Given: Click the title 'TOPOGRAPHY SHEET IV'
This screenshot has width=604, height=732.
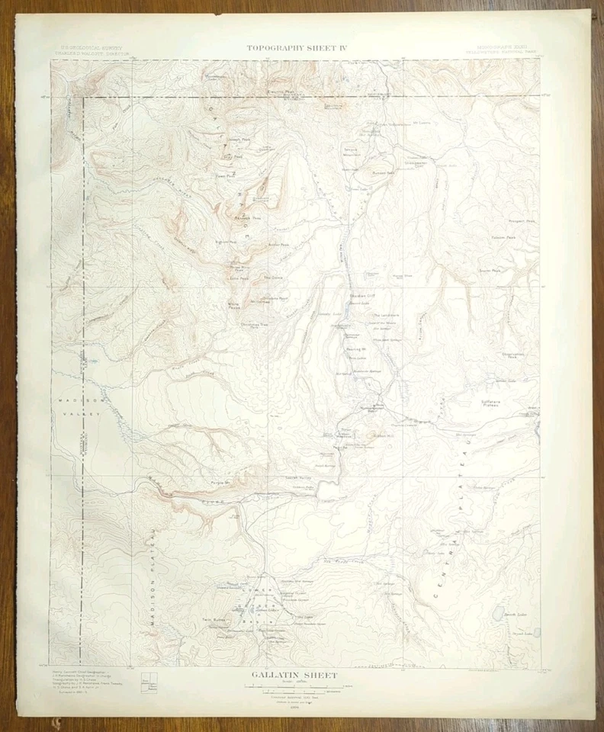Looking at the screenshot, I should tap(297, 48).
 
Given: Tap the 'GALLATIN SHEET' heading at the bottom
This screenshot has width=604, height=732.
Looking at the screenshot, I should tap(294, 675).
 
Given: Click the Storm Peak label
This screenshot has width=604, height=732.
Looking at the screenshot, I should tap(490, 270).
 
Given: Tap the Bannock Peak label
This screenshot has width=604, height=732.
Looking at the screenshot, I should tap(241, 217).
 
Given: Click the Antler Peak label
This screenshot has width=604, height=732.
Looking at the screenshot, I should tap(279, 245).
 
